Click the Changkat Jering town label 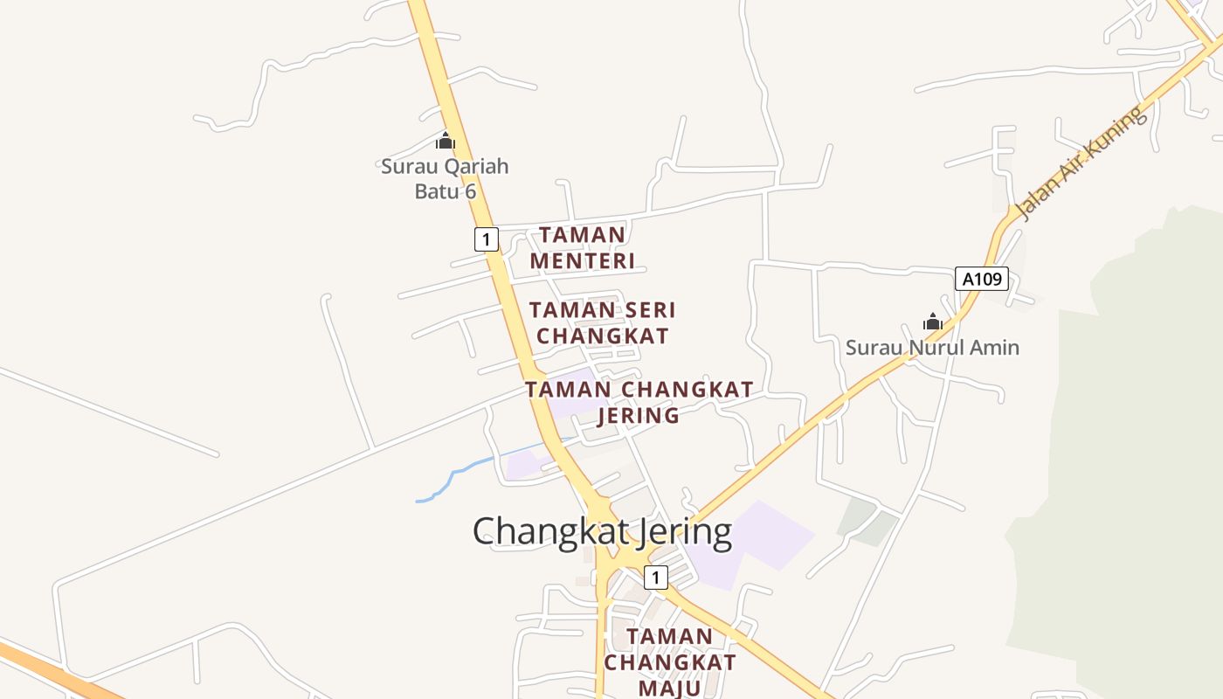tap(603, 531)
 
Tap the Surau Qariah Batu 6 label tap(445, 178)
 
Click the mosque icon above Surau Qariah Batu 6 tap(446, 141)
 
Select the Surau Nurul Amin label tap(932, 348)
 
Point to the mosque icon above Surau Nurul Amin tap(933, 322)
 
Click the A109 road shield tap(982, 280)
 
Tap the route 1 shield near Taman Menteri tap(487, 239)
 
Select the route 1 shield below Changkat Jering tap(656, 577)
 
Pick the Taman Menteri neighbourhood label tap(583, 247)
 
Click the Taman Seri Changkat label tap(603, 322)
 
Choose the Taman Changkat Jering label tap(639, 402)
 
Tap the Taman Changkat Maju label tap(670, 661)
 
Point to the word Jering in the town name tap(681, 531)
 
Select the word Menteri tap(583, 260)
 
